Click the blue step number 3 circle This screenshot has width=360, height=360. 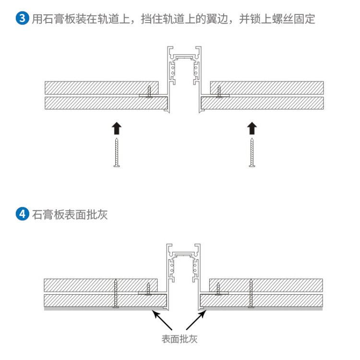coord(22,19)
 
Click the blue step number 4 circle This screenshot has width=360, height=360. coord(22,214)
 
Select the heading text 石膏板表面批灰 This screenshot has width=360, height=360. coord(70,214)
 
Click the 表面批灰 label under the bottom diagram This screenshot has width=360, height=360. coord(180,339)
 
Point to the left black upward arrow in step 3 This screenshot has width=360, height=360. coord(116,128)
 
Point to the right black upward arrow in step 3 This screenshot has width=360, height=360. coord(252,128)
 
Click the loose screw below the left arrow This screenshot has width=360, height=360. coord(116,153)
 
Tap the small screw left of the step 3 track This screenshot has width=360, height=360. coord(149,91)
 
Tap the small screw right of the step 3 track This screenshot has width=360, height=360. coord(219,91)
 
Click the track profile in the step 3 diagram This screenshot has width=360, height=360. coord(184,72)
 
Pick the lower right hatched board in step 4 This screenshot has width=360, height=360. coord(262,301)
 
